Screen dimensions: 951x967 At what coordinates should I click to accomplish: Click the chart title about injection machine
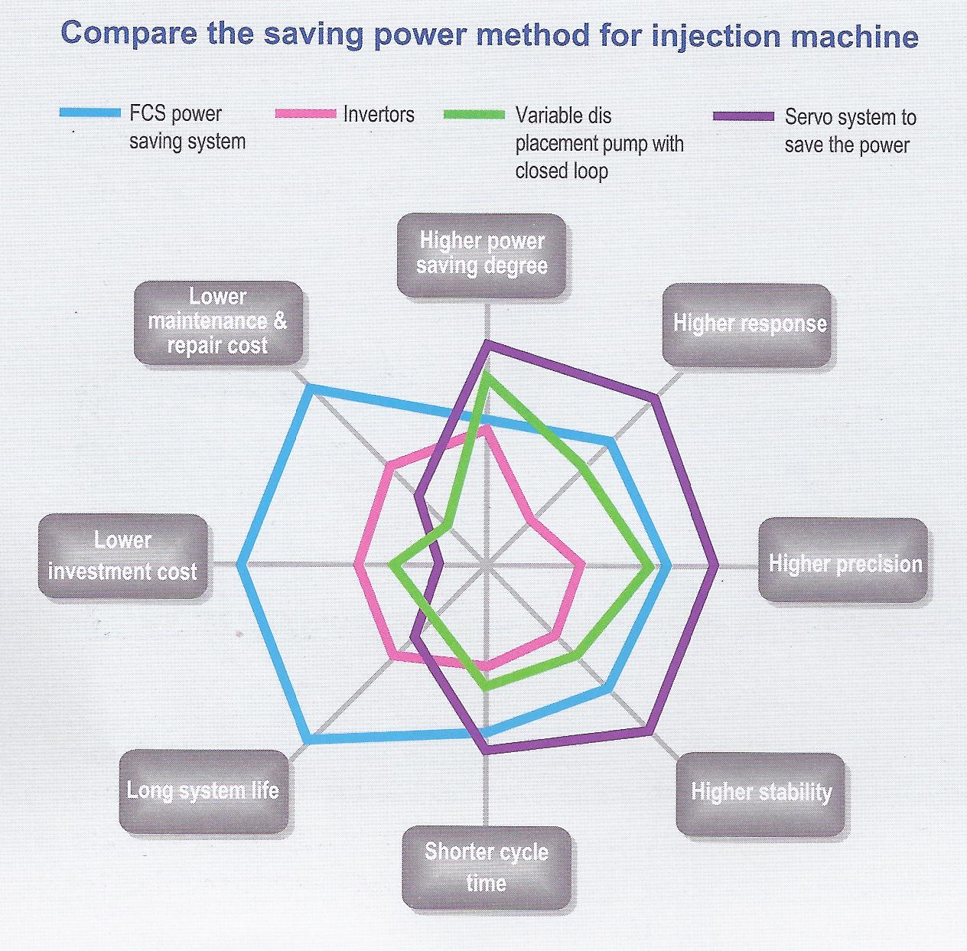490,35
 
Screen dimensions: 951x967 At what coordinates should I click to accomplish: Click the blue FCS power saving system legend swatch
90,113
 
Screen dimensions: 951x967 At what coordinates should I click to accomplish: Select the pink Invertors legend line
305,114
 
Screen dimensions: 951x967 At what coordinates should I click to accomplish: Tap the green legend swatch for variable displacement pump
474,115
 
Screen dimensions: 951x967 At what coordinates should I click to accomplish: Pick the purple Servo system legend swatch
744,116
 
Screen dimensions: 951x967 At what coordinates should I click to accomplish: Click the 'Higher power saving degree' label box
482,255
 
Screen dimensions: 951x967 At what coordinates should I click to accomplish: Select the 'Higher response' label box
747,324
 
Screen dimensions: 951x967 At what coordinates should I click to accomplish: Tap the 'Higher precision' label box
844,564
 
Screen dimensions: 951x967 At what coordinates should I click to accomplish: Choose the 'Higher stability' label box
761,793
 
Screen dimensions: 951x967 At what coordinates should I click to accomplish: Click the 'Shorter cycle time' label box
487,867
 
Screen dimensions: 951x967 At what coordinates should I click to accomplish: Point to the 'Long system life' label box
203,790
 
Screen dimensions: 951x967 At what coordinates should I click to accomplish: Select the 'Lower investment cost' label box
122,555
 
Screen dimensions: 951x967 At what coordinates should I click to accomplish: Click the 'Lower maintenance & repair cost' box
218,322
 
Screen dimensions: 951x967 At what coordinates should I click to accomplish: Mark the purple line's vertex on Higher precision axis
717,565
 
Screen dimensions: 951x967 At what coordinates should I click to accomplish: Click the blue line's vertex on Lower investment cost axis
239,565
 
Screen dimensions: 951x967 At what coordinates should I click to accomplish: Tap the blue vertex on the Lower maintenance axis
310,389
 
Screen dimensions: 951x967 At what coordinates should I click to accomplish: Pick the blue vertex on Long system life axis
308,741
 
